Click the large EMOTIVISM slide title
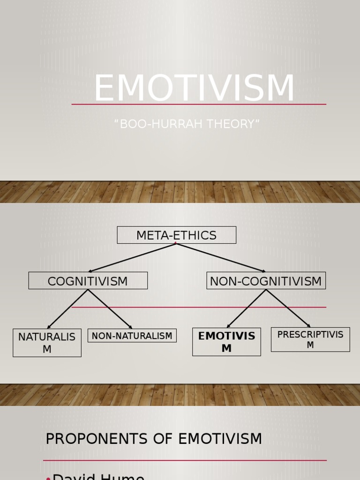point(194,88)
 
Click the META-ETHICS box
point(176,235)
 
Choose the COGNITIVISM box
point(88,281)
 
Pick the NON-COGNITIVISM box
point(266,281)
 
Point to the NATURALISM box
point(47,343)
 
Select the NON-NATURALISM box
point(132,336)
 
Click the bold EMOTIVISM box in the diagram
point(226,342)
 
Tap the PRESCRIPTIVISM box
point(310,339)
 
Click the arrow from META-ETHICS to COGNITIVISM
point(132,257)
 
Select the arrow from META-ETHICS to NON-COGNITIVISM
point(221,257)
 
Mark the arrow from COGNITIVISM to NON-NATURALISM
point(109,309)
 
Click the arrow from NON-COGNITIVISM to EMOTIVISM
point(247,308)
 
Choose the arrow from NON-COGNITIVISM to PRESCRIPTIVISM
point(288,308)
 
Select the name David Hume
point(98,475)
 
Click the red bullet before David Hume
point(48,477)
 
